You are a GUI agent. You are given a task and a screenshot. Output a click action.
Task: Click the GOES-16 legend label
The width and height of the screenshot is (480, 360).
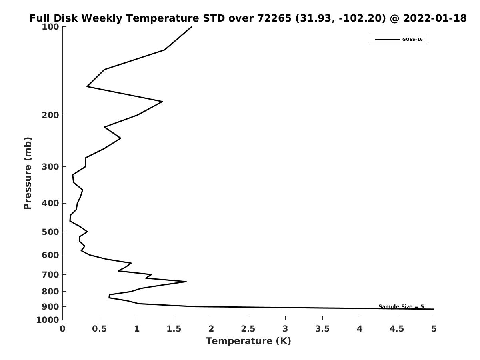(x=412, y=40)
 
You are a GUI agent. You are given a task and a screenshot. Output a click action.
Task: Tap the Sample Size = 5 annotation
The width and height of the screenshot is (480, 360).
(x=401, y=307)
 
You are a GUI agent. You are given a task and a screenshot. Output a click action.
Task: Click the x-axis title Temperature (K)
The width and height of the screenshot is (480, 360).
(x=248, y=341)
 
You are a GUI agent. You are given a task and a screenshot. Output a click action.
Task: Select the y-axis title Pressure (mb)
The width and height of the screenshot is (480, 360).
(x=28, y=173)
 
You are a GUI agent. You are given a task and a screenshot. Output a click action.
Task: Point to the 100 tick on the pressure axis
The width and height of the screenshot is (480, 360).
(x=51, y=27)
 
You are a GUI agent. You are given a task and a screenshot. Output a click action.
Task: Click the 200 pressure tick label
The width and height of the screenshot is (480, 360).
(x=51, y=115)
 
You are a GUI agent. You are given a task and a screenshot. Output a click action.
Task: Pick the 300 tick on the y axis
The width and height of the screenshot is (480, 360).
(x=51, y=167)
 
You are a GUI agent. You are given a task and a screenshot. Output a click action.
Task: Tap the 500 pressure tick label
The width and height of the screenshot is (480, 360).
(x=51, y=232)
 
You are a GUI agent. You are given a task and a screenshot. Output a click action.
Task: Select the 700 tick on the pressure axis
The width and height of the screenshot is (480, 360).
(x=51, y=275)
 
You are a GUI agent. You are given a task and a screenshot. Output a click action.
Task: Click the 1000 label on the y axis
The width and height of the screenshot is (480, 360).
(x=48, y=320)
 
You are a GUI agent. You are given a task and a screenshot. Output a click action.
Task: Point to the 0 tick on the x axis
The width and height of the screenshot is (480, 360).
(x=63, y=329)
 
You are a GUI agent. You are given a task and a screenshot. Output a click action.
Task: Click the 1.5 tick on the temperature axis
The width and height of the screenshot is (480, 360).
(x=174, y=329)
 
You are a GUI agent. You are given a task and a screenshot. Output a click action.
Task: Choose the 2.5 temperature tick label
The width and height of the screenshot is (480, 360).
(x=248, y=329)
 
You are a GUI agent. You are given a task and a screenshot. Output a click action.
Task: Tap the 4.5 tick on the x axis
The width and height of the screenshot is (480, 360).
(x=397, y=329)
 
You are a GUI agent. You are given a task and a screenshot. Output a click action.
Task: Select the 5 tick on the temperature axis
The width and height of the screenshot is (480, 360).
(x=434, y=329)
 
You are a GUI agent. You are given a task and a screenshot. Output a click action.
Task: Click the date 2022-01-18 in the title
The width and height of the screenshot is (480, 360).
(x=435, y=18)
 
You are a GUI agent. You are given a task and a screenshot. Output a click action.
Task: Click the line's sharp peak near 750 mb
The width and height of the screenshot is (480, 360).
(x=186, y=282)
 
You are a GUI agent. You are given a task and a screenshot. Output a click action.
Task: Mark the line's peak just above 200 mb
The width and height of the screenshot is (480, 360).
(x=162, y=102)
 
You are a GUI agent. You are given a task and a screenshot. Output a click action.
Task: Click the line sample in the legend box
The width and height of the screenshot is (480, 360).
(x=387, y=40)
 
